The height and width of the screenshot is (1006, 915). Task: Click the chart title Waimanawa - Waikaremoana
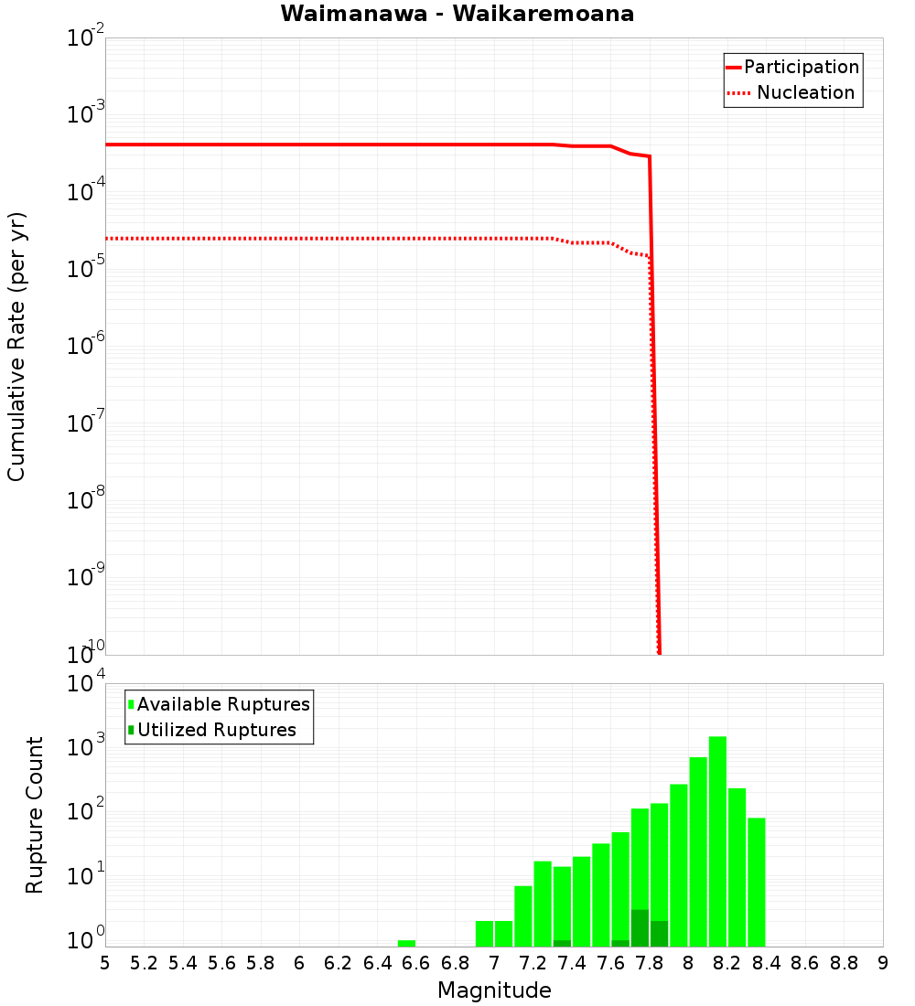pos(457,14)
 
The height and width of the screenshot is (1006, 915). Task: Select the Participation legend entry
pos(802,67)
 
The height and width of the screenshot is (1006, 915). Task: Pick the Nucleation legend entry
pos(805,92)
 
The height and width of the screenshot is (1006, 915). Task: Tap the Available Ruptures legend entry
pos(223,704)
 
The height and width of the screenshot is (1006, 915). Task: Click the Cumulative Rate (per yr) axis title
pos(16,346)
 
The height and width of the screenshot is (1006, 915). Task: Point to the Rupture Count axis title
pos(35,815)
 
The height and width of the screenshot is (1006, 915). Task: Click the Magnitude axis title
pos(494,990)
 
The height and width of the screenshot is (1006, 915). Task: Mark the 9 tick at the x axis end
pos(883,963)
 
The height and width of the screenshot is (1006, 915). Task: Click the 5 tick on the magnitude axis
pos(105,963)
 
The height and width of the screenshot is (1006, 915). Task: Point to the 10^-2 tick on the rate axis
pos(86,39)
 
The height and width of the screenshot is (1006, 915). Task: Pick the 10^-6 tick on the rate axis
pos(86,347)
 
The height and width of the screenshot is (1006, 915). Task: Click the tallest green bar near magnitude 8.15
pos(717,841)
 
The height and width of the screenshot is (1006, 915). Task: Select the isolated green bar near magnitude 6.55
pos(406,943)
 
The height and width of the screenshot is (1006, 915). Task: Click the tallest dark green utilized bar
pos(640,928)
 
